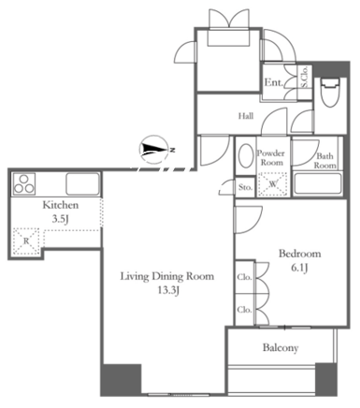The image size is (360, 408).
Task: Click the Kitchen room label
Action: click(61, 205)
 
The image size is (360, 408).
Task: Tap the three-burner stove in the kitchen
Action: click(23, 184)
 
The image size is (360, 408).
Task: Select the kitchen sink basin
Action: click(82, 184)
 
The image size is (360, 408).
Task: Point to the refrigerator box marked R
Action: click(26, 241)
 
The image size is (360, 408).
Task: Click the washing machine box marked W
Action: click(273, 184)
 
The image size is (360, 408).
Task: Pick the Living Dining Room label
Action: click(167, 276)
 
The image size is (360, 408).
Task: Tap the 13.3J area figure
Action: click(168, 291)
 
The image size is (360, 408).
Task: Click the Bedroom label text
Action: click(300, 254)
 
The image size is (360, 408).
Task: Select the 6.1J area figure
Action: click(299, 268)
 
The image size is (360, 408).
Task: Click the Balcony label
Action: click(281, 347)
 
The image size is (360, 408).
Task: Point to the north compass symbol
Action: click(155, 150)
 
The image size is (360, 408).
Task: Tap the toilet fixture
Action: click(330, 93)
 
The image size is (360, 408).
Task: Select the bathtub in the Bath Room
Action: click(318, 183)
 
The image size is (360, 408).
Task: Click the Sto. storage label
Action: click(245, 187)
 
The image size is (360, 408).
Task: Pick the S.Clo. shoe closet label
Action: click(305, 77)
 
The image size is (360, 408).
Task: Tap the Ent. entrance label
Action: click(274, 82)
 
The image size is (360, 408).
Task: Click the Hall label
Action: click(246, 116)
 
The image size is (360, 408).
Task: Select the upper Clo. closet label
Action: click(244, 277)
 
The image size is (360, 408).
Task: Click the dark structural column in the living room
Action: click(122, 379)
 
